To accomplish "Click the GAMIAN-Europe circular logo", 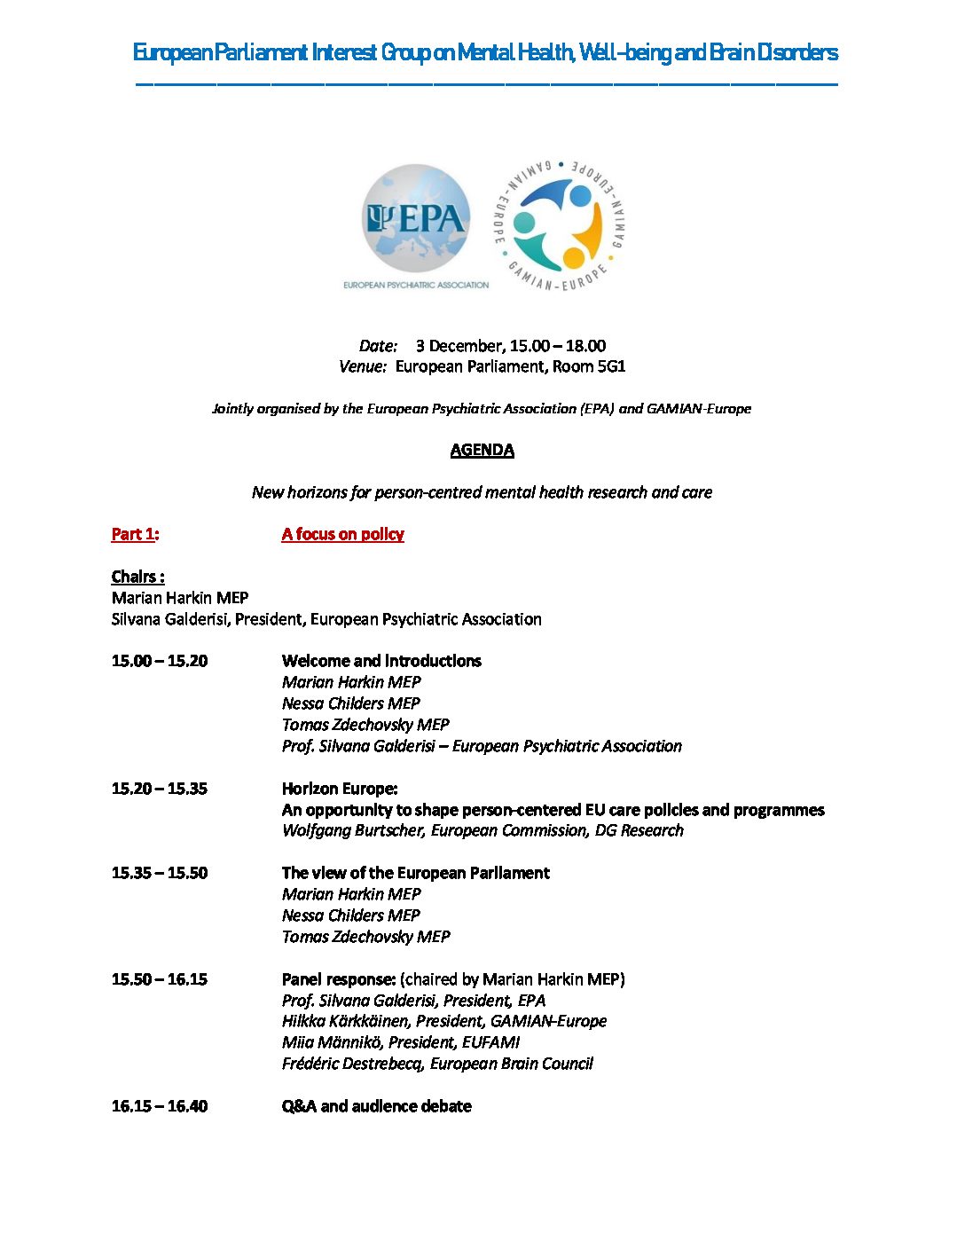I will pyautogui.click(x=559, y=224).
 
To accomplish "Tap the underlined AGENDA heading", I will pyautogui.click(x=482, y=450).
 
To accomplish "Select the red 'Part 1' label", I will pyautogui.click(x=134, y=534).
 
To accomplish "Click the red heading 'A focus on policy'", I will pyautogui.click(x=342, y=534).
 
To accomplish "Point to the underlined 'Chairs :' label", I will pyautogui.click(x=137, y=577).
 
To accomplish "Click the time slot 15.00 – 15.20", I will pyautogui.click(x=160, y=661).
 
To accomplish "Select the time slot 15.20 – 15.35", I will pyautogui.click(x=160, y=789).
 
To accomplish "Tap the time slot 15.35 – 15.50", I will pyautogui.click(x=160, y=873).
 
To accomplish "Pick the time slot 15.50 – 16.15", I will pyautogui.click(x=160, y=979).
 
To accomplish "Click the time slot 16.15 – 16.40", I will pyautogui.click(x=160, y=1106).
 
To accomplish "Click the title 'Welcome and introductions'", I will pyautogui.click(x=381, y=661).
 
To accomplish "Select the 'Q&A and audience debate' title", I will pyautogui.click(x=376, y=1106).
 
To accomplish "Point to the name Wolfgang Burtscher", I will pyautogui.click(x=353, y=830).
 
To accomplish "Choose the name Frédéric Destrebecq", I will pyautogui.click(x=352, y=1064).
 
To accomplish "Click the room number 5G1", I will pyautogui.click(x=611, y=366).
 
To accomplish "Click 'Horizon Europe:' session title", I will pyautogui.click(x=340, y=789).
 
